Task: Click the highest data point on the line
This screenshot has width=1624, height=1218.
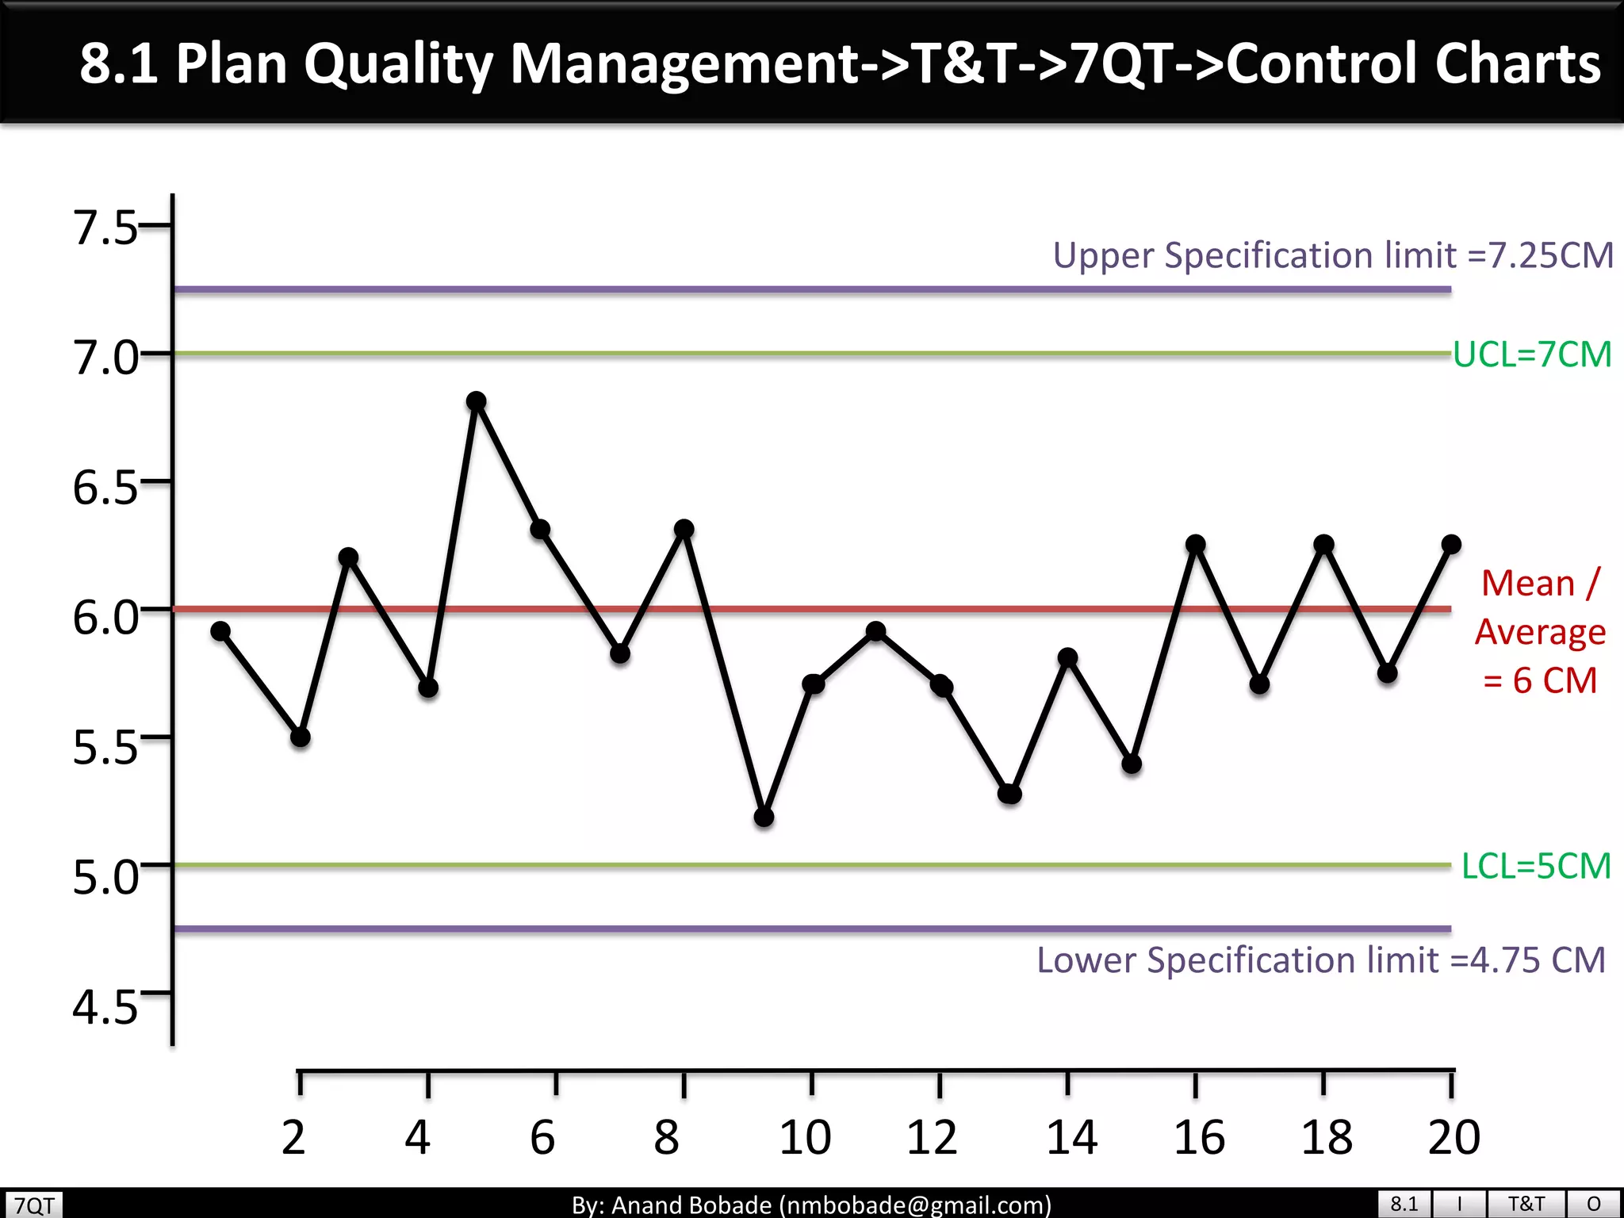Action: [x=476, y=401]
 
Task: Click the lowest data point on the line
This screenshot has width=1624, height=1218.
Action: [x=764, y=817]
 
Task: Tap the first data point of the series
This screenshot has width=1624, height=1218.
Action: [x=220, y=631]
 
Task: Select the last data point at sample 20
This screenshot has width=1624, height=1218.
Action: [x=1451, y=544]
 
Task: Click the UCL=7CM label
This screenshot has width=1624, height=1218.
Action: [x=1532, y=354]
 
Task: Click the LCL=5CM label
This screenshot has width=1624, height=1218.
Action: [x=1536, y=866]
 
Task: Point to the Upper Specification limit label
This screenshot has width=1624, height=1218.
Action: [x=1332, y=255]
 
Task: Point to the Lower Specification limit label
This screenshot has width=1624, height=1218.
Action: [x=1321, y=960]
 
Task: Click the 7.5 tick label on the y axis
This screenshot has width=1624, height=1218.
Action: [x=105, y=228]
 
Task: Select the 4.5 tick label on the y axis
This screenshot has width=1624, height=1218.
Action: [x=105, y=1008]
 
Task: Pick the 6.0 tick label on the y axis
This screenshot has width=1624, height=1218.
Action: [x=105, y=618]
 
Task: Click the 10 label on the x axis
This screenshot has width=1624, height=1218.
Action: [x=805, y=1137]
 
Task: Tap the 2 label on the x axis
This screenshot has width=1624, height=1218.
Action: [x=293, y=1137]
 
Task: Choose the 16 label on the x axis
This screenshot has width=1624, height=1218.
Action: [x=1199, y=1137]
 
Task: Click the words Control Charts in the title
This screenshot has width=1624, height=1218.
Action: [x=1413, y=63]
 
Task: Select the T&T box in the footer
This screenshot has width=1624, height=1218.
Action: [x=1526, y=1204]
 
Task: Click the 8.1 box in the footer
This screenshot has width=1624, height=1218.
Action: [x=1404, y=1204]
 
